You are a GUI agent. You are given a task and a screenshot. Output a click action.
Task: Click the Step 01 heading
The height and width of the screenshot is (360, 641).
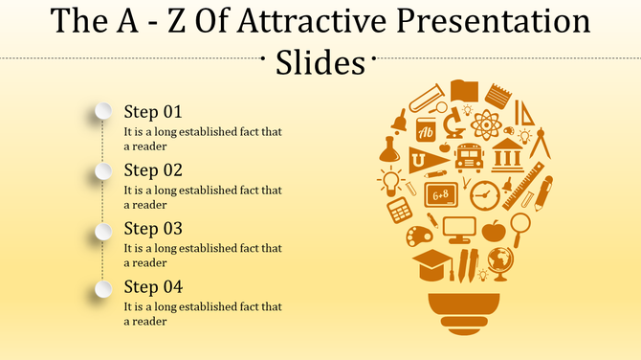click(x=152, y=111)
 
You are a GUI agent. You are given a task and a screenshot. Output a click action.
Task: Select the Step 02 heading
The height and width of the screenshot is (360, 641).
click(x=153, y=170)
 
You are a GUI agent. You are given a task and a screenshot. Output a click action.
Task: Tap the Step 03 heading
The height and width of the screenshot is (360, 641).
click(x=153, y=229)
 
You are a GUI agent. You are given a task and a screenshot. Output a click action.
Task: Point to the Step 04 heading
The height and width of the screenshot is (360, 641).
click(x=153, y=286)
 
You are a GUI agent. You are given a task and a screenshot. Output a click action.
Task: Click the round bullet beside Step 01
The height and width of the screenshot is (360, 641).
click(x=102, y=112)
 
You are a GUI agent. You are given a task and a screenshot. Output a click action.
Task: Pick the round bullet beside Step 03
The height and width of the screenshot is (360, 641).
click(x=102, y=230)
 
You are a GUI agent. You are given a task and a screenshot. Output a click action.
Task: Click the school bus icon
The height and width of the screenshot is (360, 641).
click(x=469, y=155)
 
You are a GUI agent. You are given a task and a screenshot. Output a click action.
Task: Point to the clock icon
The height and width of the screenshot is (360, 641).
click(x=484, y=194)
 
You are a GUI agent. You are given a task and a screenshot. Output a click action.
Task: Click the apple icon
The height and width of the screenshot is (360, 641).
click(x=493, y=231)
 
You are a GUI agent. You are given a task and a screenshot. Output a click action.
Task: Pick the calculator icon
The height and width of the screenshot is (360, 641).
click(x=399, y=210)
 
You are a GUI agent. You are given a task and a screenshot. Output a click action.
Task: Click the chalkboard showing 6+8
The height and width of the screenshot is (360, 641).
click(x=441, y=194)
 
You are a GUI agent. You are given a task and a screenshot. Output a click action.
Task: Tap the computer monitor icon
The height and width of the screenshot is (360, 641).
click(x=458, y=229)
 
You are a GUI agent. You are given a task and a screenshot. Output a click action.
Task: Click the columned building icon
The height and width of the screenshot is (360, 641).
click(x=506, y=152)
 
